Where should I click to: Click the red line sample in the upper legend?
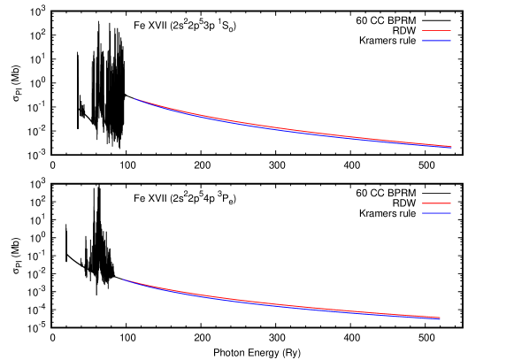436,31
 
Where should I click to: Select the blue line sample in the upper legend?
436,41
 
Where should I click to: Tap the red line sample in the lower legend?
436,203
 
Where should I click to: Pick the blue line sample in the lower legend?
436,213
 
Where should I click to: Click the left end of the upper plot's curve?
134,99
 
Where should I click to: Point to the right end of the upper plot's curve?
451,147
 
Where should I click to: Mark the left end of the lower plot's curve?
123,280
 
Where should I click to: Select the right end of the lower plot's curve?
440,318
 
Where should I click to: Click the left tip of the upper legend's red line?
423,31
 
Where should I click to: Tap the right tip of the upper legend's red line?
450,31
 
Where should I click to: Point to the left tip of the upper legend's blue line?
423,41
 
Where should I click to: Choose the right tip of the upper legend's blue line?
450,41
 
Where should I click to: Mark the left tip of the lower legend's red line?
423,203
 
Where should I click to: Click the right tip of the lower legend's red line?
450,203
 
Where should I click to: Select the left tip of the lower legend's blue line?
423,213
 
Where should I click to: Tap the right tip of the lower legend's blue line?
450,213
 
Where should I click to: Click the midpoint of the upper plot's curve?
293,130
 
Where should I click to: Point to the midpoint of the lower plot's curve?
281,305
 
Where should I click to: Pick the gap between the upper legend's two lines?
436,36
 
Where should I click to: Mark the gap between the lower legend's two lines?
436,209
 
